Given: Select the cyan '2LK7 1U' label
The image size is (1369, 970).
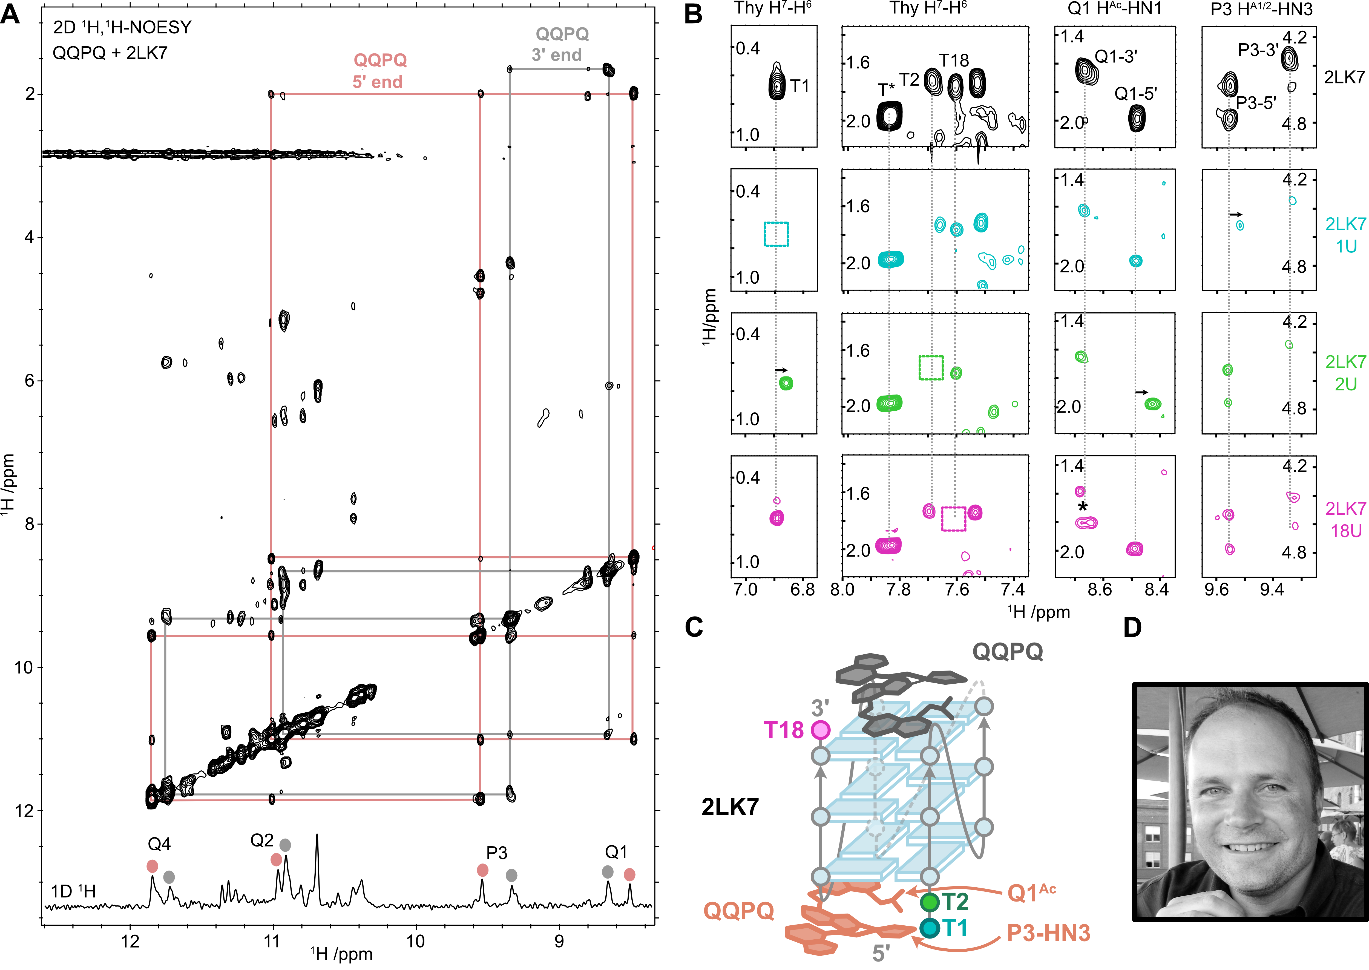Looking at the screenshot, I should tap(1345, 235).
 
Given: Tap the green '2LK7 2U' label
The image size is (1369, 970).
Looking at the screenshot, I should tap(1345, 373).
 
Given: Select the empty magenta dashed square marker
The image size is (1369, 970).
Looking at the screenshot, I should tap(953, 519).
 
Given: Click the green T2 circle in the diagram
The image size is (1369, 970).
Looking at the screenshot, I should tap(929, 902).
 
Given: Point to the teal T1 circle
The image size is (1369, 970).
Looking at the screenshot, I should tap(929, 928).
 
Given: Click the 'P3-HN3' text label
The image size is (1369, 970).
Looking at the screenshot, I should tap(1048, 933).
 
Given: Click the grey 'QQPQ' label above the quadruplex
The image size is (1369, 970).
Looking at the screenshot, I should tap(1008, 651).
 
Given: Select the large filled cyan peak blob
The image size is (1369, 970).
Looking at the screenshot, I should tap(891, 259).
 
